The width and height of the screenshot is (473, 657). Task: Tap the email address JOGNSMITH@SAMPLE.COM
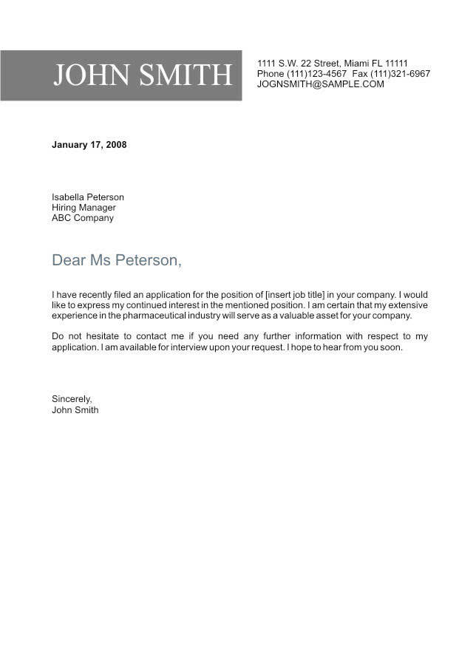point(320,84)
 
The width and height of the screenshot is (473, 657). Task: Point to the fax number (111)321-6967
point(402,74)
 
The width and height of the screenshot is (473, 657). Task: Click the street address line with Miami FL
point(332,64)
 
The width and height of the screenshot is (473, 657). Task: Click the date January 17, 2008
point(89,145)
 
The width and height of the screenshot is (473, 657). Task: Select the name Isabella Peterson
point(88,197)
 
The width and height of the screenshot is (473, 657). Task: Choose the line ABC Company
point(83,218)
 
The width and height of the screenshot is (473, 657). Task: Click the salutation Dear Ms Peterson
point(116,260)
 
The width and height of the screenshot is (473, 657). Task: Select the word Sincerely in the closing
point(72,399)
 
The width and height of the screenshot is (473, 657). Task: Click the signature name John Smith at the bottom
point(75,409)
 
